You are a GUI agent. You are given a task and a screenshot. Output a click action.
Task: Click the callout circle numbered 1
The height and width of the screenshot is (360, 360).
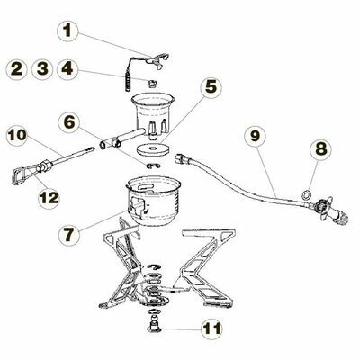[x=67, y=31]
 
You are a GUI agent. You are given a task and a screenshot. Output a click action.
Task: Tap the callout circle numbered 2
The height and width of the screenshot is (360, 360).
[x=17, y=68]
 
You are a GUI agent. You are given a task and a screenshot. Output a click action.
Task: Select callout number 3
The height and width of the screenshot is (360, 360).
[x=42, y=68]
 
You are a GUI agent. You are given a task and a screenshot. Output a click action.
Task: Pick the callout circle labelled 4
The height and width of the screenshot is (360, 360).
[x=67, y=68]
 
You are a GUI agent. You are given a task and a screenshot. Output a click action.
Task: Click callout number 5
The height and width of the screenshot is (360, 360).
[x=211, y=87]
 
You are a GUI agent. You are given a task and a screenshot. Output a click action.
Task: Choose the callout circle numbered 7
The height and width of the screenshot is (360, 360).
[x=68, y=235]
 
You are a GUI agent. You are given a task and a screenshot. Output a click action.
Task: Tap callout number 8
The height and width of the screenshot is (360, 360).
[x=320, y=148]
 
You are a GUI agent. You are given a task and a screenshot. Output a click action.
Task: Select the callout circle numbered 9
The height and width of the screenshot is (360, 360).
[x=255, y=137]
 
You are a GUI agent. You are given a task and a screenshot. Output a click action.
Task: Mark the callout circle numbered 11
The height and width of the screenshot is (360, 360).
[x=211, y=328]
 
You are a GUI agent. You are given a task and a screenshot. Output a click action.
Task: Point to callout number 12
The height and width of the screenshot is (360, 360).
[x=49, y=198]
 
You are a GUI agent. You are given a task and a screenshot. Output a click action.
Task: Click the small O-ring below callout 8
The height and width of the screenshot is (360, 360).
[x=306, y=195]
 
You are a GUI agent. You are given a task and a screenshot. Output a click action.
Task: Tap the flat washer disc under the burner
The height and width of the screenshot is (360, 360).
[x=152, y=148]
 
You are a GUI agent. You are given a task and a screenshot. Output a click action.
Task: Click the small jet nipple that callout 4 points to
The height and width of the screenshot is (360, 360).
[x=153, y=83]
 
